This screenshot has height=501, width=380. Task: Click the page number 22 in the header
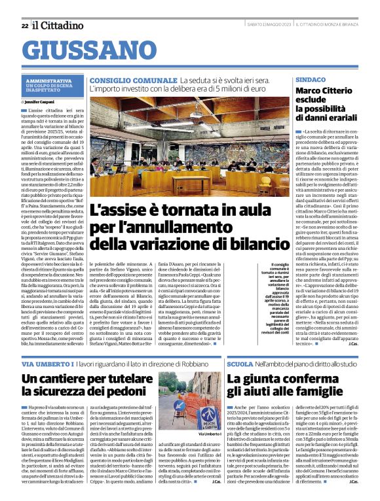(x=24, y=26)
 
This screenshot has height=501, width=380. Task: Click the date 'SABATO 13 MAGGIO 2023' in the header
(x=271, y=26)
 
